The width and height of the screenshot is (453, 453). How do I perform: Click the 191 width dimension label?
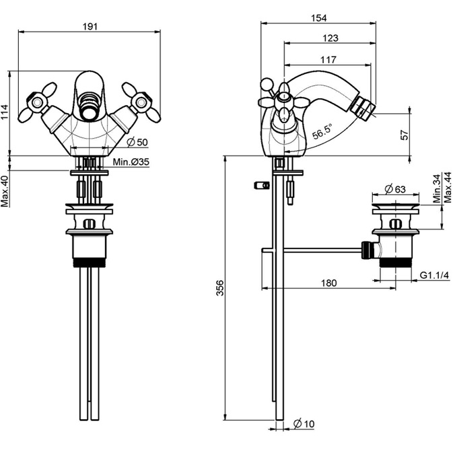coord(90,26)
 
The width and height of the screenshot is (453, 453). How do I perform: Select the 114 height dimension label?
coord(5,112)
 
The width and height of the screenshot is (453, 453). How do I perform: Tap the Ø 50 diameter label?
coord(137,142)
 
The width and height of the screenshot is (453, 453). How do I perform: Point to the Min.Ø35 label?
coord(131,162)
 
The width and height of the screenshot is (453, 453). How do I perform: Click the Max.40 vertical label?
coord(5,191)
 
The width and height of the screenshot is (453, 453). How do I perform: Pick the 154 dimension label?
coord(318,18)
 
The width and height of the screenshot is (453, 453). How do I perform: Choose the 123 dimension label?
coord(330,38)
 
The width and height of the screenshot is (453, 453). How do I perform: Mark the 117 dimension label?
coord(328,59)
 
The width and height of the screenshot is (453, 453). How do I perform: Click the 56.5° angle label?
coord(322,132)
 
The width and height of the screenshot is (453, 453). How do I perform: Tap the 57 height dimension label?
coord(405,135)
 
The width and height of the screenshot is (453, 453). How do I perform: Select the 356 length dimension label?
coord(220,287)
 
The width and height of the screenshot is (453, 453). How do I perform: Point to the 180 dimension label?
coord(328,283)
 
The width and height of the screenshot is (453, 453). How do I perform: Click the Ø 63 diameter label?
coord(395,189)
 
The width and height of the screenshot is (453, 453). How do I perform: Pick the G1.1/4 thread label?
coord(434,275)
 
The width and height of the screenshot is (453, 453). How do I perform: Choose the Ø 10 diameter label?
coord(304,424)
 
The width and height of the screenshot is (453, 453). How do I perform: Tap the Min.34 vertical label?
coord(437,188)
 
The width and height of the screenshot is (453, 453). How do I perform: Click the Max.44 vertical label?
coord(447,187)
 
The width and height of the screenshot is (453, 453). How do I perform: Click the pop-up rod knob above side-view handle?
coord(267,84)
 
